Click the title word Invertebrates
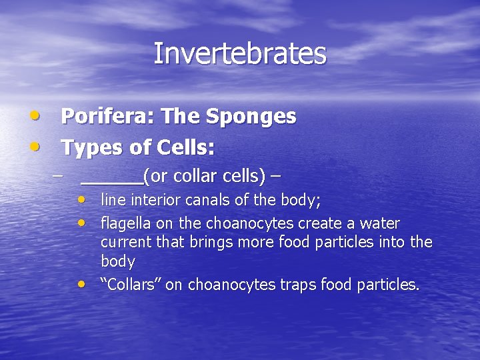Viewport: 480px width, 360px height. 240,54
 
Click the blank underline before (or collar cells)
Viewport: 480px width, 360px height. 111,177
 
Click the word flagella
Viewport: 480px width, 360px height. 124,223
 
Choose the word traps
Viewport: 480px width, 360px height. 299,285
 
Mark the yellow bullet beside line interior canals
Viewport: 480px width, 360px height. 81,199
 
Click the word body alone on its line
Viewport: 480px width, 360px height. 117,261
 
